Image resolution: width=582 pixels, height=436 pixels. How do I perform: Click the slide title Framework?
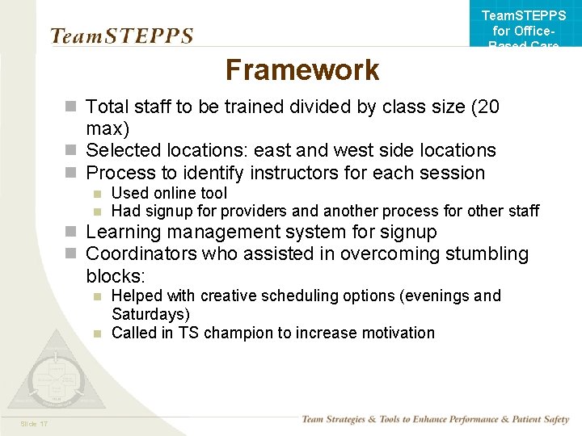coord(302,70)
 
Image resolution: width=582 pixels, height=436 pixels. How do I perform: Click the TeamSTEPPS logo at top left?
coord(121,36)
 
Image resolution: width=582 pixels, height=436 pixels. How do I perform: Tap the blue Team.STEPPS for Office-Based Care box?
coord(523,24)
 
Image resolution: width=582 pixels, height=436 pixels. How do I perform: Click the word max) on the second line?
coord(108,128)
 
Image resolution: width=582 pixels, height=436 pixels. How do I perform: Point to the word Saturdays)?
coord(150,314)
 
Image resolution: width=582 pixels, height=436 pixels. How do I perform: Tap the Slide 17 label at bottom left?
coord(35,424)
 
